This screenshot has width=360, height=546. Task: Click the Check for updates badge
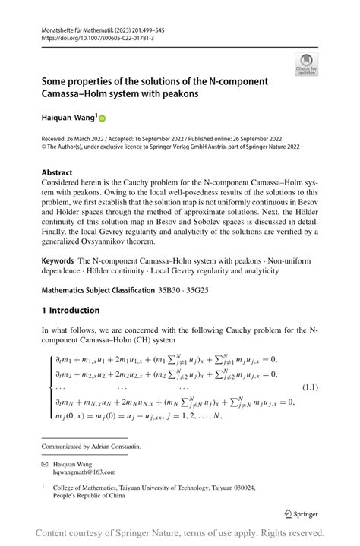(x=306, y=64)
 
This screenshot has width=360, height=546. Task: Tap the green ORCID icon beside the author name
(x=103, y=118)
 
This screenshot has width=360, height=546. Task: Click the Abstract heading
(x=57, y=172)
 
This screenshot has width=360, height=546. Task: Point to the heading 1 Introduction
(x=71, y=310)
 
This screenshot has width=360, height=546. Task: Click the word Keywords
(x=58, y=260)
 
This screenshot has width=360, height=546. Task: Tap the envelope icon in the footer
(x=45, y=462)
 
